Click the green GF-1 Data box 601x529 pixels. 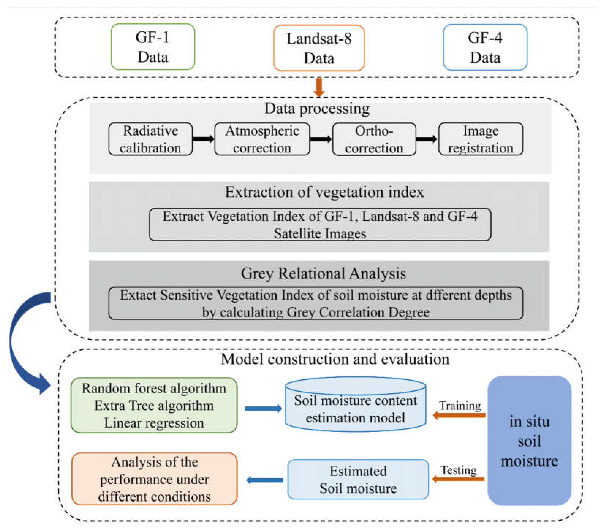153,47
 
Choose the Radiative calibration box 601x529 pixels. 150,139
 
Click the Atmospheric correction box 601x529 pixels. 262,139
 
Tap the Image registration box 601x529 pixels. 480,139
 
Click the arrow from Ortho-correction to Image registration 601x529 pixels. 427,139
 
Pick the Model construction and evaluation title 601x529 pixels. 335,359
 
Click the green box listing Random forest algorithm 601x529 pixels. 154,405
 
